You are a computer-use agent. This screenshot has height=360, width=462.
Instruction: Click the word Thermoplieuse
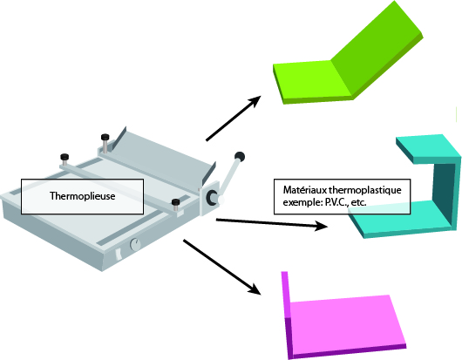tap(82, 196)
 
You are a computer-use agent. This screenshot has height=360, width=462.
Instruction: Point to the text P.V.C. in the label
tap(335, 203)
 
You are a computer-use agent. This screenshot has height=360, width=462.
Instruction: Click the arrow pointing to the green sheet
tap(234, 119)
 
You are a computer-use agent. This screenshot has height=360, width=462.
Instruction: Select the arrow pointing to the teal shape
tap(272, 224)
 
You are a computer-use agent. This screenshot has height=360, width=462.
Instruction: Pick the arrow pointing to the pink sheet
tap(222, 267)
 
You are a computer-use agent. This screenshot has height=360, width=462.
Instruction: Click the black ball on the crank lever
tap(240, 156)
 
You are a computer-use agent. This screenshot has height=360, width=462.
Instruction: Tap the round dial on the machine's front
tap(135, 244)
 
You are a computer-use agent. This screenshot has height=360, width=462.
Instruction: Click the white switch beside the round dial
tap(119, 255)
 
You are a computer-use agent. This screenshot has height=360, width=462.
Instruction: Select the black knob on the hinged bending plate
tap(105, 137)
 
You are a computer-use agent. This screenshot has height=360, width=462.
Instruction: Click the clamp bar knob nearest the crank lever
tap(175, 202)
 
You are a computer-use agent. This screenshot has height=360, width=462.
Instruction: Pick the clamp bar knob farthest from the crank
tap(65, 156)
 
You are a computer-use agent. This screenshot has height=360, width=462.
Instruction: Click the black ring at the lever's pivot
tap(212, 197)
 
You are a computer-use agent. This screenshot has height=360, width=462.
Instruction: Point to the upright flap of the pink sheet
tap(286, 312)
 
